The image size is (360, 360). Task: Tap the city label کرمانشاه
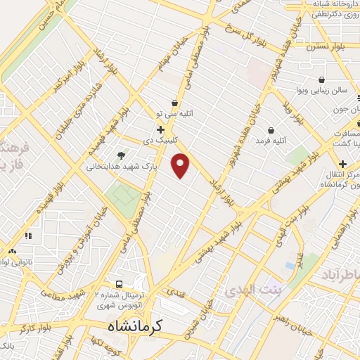click(x=136, y=326)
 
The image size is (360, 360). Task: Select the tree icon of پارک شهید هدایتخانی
click(x=121, y=155)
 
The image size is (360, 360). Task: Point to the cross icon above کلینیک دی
click(x=161, y=129)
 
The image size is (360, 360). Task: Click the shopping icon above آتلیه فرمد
click(x=271, y=130)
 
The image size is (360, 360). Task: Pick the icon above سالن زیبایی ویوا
click(x=321, y=79)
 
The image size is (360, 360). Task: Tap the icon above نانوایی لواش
click(x=12, y=251)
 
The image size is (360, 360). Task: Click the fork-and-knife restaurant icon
click(x=29, y=236)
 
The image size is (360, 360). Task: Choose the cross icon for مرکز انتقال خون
click(x=342, y=164)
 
